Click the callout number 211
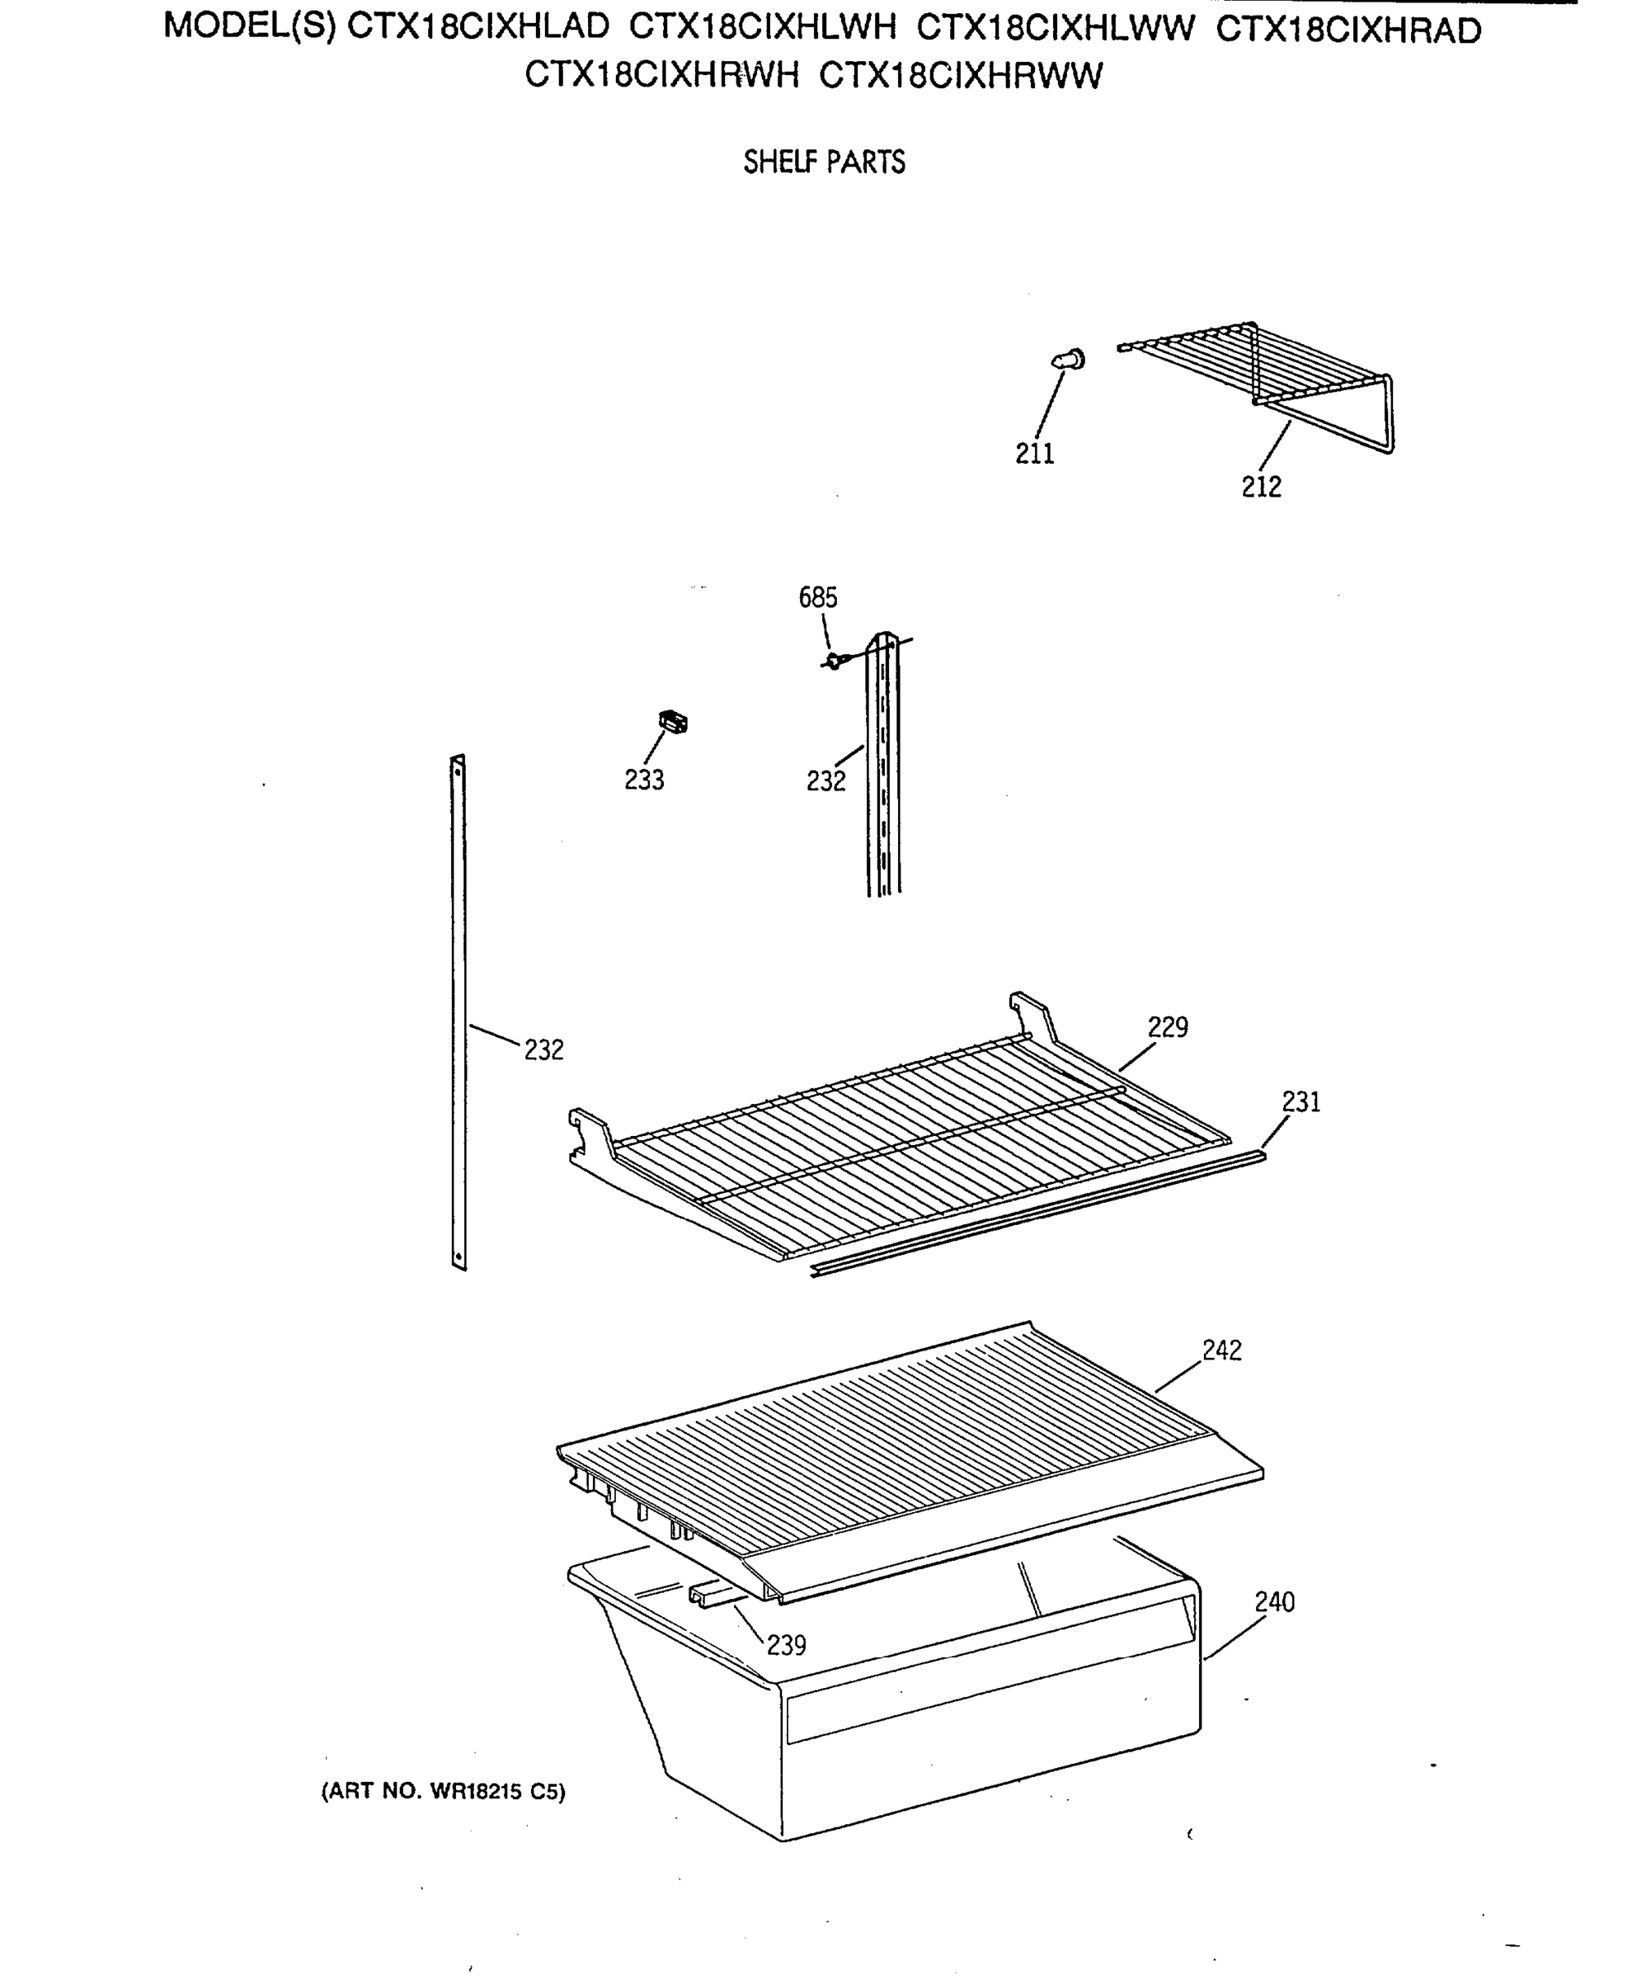click(x=1034, y=454)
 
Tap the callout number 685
click(x=817, y=596)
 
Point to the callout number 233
click(x=644, y=780)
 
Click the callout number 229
click(x=1167, y=1027)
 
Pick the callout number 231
click(x=1301, y=1101)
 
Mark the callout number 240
click(x=1273, y=1602)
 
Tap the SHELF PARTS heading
click(x=824, y=163)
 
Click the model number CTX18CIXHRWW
click(x=960, y=75)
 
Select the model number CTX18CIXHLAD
click(x=479, y=27)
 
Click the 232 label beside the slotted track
click(x=825, y=780)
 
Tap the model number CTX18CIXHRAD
click(x=1348, y=31)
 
